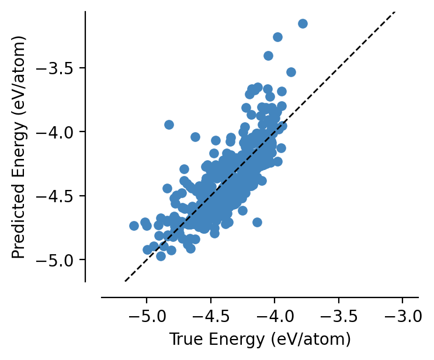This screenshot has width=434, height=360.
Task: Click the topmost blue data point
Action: pyautogui.click(x=303, y=23)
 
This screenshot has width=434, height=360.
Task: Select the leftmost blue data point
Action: pyautogui.click(x=134, y=226)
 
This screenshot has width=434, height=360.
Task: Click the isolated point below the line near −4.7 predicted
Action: pyautogui.click(x=257, y=222)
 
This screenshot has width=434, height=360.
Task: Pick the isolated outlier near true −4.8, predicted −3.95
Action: pyautogui.click(x=169, y=124)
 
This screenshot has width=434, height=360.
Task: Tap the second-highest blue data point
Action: pyautogui.click(x=277, y=37)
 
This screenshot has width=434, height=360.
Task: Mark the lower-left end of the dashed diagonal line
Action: pyautogui.click(x=125, y=281)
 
